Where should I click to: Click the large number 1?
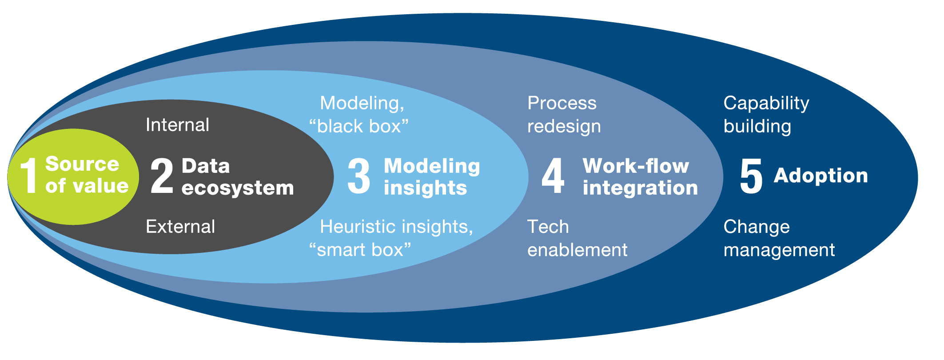tap(28, 176)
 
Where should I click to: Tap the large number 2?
tap(162, 176)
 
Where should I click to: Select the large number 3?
tap(358, 176)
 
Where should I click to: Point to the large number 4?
tap(553, 176)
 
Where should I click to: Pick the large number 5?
tap(751, 176)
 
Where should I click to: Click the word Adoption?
tap(821, 176)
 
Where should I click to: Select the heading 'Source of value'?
tap(87, 175)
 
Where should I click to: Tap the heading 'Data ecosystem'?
tap(238, 177)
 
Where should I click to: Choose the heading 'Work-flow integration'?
tap(640, 177)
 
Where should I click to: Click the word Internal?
tap(177, 125)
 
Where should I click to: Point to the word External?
tap(180, 227)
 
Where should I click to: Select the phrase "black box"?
tap(358, 126)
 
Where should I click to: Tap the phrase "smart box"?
tap(360, 250)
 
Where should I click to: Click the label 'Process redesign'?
tap(564, 115)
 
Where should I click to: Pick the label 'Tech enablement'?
tap(577, 238)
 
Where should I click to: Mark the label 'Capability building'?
tap(766, 115)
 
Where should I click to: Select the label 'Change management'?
tap(779, 238)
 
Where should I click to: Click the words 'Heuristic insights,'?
tap(396, 227)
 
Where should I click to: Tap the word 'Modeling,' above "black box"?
tap(362, 103)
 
